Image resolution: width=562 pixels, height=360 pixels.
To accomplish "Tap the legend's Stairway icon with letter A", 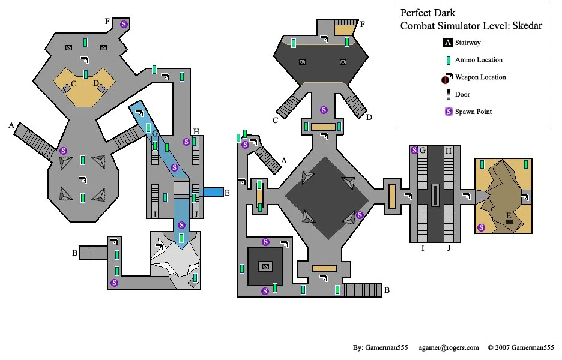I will pyautogui.click(x=447, y=43).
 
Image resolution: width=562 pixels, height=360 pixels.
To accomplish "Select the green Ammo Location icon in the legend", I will pyautogui.click(x=447, y=60).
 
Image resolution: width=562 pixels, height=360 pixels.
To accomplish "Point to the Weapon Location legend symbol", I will pyautogui.click(x=446, y=78).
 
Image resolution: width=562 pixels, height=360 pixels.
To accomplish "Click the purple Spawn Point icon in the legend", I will pyautogui.click(x=447, y=112).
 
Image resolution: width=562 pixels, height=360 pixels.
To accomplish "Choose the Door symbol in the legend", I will pyautogui.click(x=447, y=95).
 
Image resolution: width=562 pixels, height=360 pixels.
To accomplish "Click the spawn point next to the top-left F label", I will pyautogui.click(x=124, y=24).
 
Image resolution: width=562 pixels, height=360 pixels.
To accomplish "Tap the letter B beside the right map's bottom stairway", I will pyautogui.click(x=387, y=290).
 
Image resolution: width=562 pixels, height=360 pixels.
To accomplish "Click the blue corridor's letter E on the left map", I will pyautogui.click(x=226, y=193).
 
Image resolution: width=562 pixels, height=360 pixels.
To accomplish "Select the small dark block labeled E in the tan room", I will pyautogui.click(x=509, y=222).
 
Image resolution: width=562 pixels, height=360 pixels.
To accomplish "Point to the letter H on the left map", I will pyautogui.click(x=196, y=132).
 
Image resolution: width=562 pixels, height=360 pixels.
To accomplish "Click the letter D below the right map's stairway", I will pyautogui.click(x=369, y=117).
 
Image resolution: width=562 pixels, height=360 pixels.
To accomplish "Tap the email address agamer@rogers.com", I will pyautogui.click(x=449, y=347).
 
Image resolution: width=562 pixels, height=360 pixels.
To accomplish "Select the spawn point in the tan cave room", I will pyautogui.click(x=481, y=227).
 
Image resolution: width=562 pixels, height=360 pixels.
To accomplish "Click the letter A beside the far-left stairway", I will pyautogui.click(x=11, y=125).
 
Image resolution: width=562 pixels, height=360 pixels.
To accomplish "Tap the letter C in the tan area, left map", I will pyautogui.click(x=73, y=83).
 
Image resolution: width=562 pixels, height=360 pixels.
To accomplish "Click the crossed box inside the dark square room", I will pyautogui.click(x=264, y=266).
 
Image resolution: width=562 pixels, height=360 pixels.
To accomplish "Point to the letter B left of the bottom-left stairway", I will pyautogui.click(x=74, y=253).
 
